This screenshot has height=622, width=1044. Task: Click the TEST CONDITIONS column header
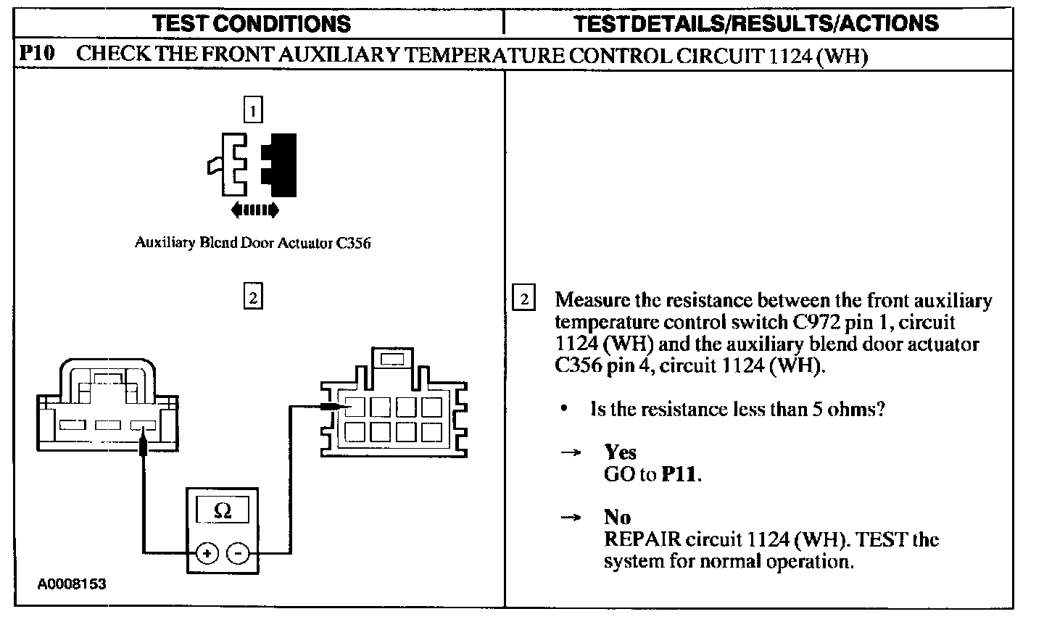pos(252,23)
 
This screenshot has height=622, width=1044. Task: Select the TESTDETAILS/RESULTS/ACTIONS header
pos(756,23)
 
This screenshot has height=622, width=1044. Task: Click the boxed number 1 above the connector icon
pos(252,110)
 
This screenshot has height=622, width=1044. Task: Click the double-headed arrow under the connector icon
pos(254,210)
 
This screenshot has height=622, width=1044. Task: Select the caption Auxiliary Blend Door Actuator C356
pos(252,243)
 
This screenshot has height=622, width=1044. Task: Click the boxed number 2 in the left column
pos(252,297)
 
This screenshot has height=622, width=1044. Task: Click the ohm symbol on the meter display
pos(223,511)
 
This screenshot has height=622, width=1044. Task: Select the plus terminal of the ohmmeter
pos(208,555)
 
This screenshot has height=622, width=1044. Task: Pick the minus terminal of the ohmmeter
pos(238,555)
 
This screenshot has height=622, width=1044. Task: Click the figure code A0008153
pos(72,584)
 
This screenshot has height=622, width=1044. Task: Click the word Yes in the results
pos(620,452)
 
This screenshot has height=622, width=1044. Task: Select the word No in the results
pos(617,517)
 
